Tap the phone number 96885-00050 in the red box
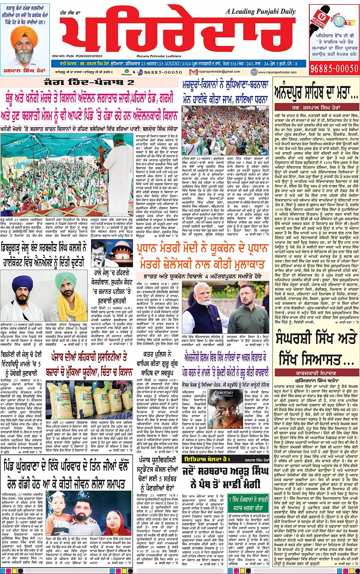[x=334, y=69]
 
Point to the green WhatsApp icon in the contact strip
[x=129, y=71]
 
